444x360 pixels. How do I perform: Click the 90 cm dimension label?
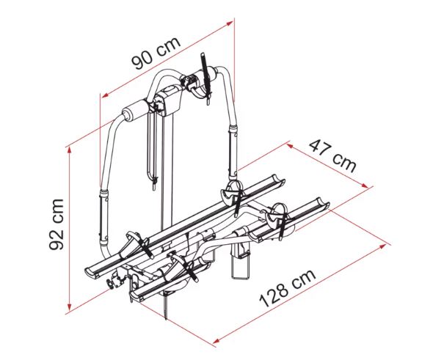point(156,54)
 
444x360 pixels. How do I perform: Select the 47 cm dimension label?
point(332,156)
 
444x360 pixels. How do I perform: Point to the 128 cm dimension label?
point(287,288)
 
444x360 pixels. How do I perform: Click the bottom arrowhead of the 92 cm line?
point(69,307)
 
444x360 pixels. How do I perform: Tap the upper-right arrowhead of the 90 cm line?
point(230,23)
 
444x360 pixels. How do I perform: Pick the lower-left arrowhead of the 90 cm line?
point(106,95)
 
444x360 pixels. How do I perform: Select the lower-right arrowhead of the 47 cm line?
point(365,185)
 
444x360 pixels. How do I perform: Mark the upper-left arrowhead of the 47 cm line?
point(289,146)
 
